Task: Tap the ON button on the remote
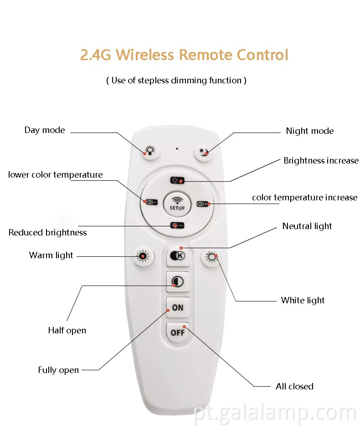coord(178,307)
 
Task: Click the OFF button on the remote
coord(178,332)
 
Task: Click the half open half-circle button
coord(177,282)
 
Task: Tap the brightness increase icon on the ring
coord(177,180)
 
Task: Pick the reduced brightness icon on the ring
coord(177,225)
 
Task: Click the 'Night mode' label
coord(309,131)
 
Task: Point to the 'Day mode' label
coord(45,130)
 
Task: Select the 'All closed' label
coord(294,387)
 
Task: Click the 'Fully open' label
coord(58,370)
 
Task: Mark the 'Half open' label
coord(67,331)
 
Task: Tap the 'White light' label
coord(303,301)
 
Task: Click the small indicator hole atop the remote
coord(177,148)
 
